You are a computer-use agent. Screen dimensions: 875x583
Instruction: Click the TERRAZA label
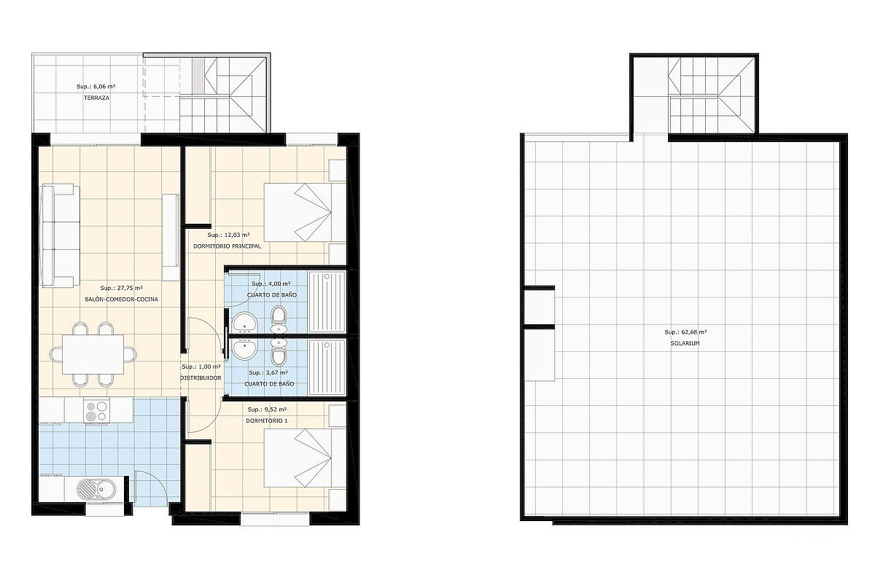tap(96, 98)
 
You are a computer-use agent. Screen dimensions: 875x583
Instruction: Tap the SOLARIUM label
tap(685, 344)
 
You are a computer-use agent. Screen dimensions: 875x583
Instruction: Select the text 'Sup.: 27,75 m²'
tap(122, 288)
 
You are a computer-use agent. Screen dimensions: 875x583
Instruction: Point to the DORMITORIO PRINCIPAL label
tap(227, 246)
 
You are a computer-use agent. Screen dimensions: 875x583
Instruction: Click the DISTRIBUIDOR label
tap(201, 378)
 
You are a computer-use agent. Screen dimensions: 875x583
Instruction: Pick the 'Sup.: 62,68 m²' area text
tap(685, 332)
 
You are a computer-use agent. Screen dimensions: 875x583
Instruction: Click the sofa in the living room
tap(61, 235)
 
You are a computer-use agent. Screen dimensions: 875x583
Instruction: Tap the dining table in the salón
tap(93, 354)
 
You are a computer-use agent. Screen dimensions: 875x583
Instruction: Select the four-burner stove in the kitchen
tap(96, 411)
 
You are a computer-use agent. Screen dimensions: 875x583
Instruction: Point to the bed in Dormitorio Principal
tap(305, 212)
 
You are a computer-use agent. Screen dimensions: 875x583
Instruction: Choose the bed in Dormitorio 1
tap(305, 458)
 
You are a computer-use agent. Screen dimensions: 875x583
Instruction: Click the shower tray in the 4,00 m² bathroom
tap(327, 302)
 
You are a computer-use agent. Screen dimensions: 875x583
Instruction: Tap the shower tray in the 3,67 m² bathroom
tap(327, 367)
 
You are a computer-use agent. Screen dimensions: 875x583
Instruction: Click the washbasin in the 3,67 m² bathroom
tap(245, 348)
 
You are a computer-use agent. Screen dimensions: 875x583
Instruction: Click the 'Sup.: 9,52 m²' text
tap(267, 410)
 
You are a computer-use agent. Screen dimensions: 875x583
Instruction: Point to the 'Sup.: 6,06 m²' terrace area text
tap(96, 87)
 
